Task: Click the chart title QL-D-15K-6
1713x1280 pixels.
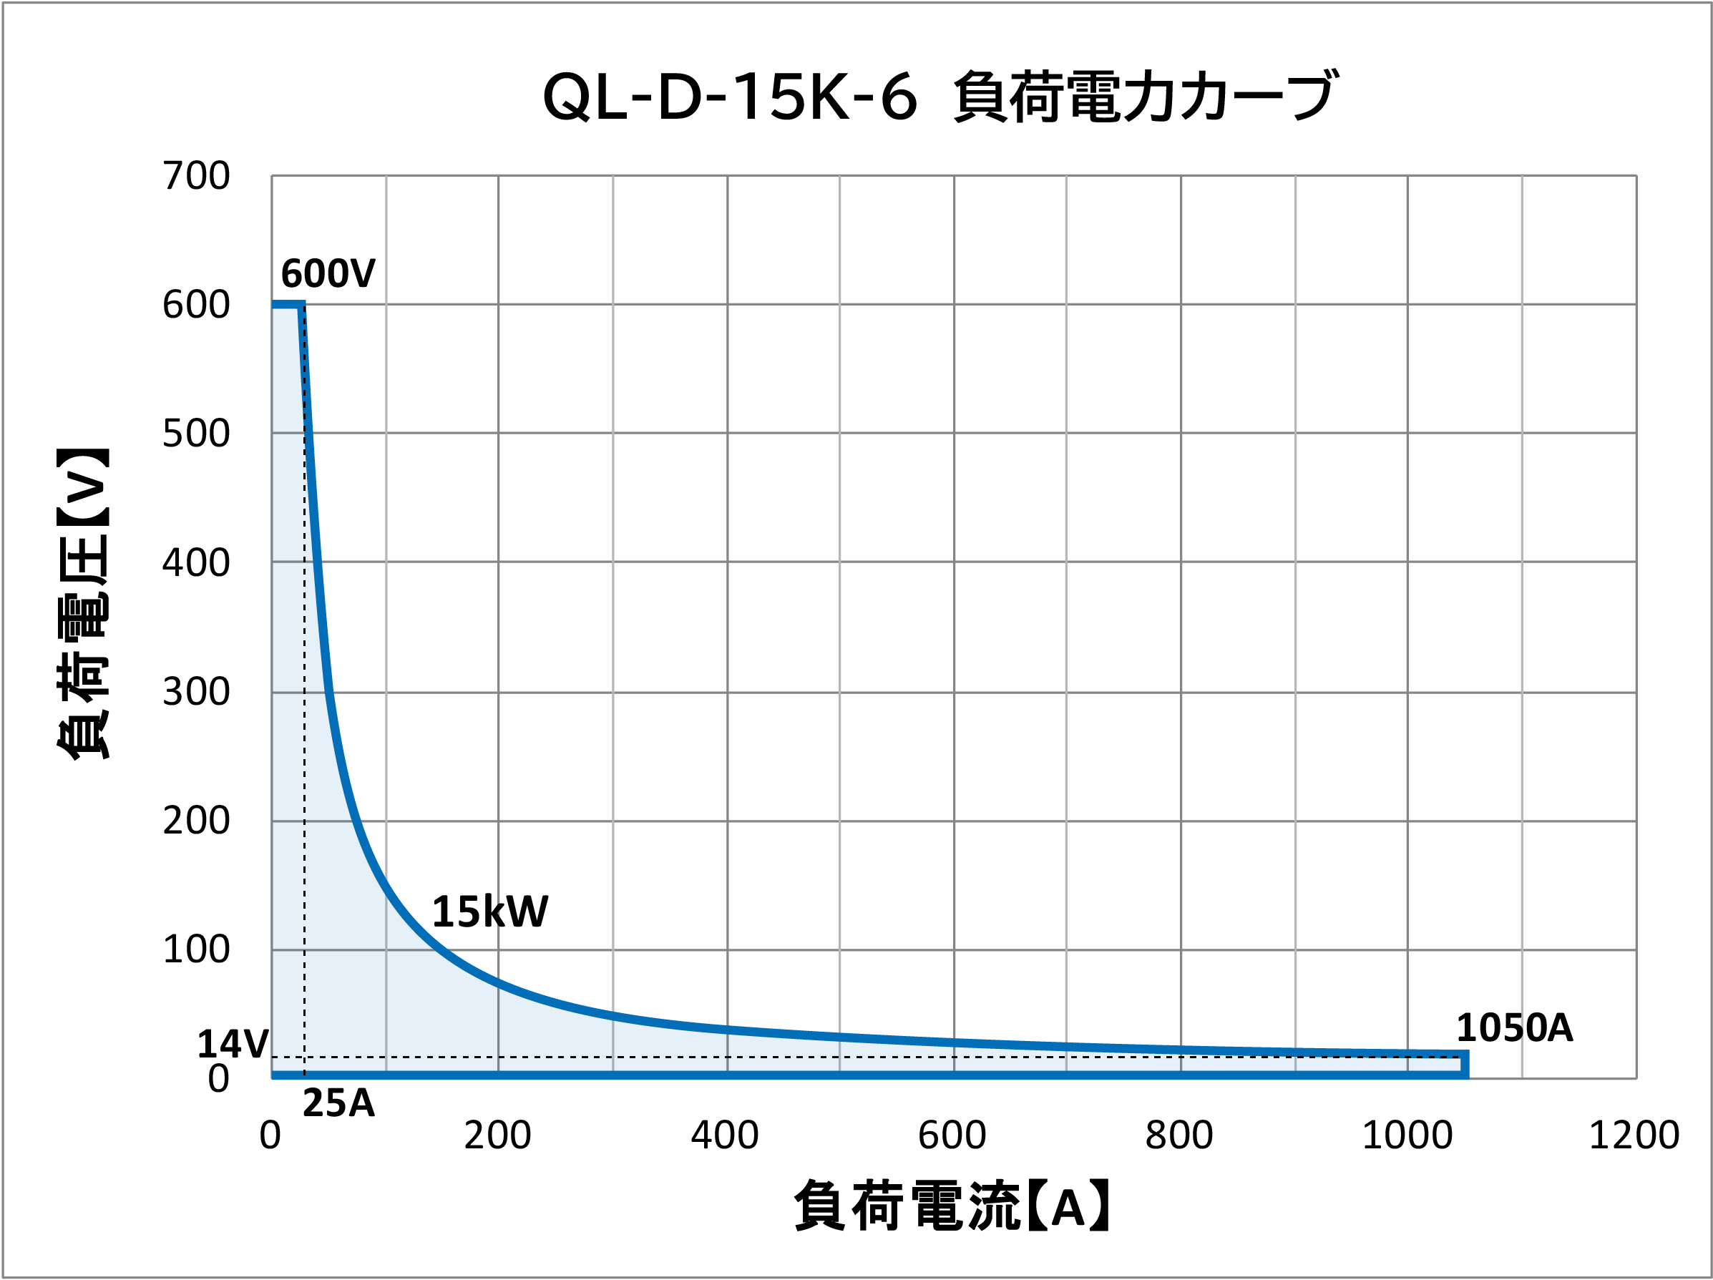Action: click(939, 97)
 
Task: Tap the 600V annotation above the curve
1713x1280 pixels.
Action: click(328, 273)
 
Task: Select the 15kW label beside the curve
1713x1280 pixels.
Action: click(489, 912)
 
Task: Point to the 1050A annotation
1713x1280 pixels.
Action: click(1514, 1028)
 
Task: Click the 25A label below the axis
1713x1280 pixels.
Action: click(338, 1103)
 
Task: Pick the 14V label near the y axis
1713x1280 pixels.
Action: click(233, 1045)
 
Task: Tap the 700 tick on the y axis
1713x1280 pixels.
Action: click(196, 176)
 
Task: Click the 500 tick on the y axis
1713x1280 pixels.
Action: click(196, 434)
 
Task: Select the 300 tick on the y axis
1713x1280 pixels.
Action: click(196, 691)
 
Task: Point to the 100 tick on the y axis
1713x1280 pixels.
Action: click(196, 949)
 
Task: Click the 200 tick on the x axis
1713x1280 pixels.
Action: click(497, 1136)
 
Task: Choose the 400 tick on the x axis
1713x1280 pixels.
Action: click(725, 1136)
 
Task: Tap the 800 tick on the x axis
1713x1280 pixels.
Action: click(1178, 1136)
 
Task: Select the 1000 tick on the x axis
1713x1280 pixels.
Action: click(1406, 1136)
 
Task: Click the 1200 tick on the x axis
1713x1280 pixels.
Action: click(1634, 1136)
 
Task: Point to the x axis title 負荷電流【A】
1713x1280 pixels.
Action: click(952, 1206)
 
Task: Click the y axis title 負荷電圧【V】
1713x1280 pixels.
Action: click(83, 604)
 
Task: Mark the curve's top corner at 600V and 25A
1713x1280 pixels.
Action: click(301, 305)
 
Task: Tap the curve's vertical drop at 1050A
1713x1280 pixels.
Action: click(1465, 1064)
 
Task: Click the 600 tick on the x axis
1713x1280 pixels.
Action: click(952, 1136)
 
